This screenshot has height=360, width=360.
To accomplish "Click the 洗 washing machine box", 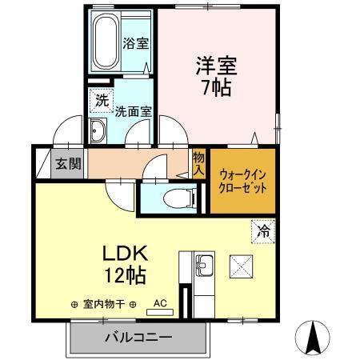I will click(102, 101).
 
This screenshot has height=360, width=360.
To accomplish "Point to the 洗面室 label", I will click(133, 112).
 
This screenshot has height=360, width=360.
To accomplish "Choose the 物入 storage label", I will click(199, 164).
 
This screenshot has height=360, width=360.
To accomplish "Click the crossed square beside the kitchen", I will click(240, 265).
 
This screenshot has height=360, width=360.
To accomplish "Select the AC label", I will click(160, 303).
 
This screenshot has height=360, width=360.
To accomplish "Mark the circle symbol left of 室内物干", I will click(74, 304).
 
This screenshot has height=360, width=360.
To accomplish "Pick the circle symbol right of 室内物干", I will click(133, 304).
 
